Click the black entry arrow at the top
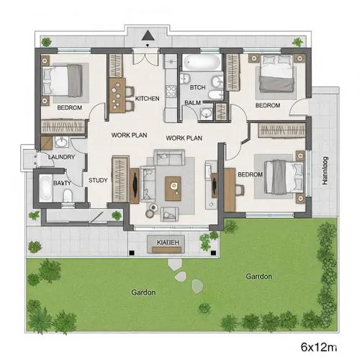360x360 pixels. tap(147, 35)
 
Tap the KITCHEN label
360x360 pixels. tap(147, 99)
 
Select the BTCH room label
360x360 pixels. tap(198, 88)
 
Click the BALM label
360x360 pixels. tap(192, 103)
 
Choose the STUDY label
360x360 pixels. tap(97, 181)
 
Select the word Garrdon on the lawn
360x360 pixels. tap(258, 276)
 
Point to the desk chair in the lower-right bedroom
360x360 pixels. tap(240, 189)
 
